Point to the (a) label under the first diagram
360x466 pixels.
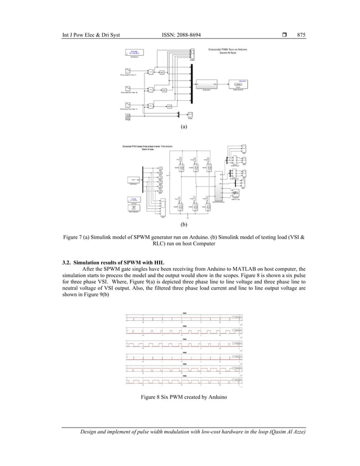[183, 128]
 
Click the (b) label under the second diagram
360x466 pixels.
[183, 223]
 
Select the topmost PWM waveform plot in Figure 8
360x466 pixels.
[183, 317]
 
